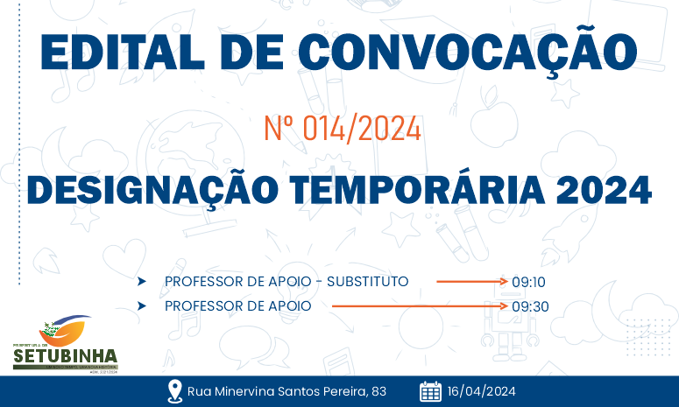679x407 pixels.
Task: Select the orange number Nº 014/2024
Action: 343,130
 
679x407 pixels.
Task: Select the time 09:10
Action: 529,282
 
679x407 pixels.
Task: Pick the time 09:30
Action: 529,306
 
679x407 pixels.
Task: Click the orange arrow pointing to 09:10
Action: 472,282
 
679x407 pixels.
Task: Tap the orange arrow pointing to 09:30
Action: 420,306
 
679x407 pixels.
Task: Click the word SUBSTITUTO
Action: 367,281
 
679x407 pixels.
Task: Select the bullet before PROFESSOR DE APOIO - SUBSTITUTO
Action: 141,281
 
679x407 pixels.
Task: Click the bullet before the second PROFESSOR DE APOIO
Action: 141,305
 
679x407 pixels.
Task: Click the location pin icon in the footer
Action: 174,391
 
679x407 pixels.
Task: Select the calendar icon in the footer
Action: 430,391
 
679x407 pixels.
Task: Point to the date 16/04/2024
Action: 481,391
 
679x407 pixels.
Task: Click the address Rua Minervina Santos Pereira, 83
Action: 286,391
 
